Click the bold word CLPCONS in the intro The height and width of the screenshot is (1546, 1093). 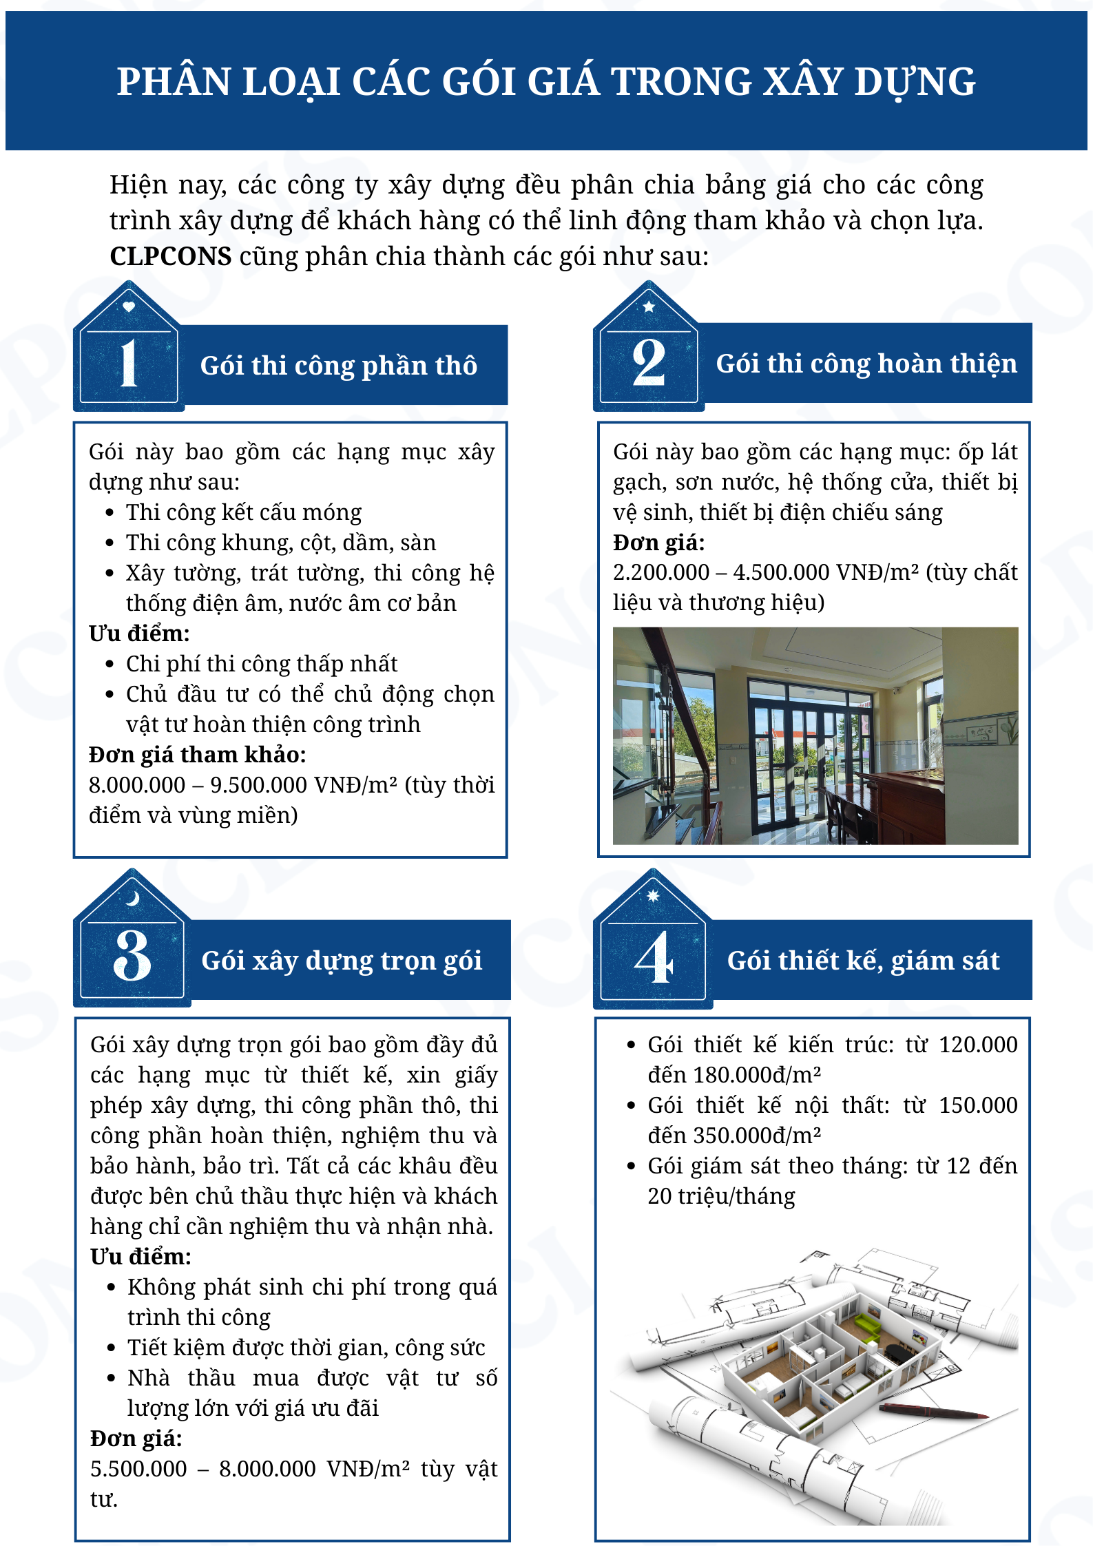click(170, 257)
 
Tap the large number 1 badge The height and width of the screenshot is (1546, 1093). click(129, 363)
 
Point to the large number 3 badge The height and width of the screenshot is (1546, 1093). click(132, 956)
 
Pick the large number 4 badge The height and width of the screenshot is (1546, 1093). click(653, 957)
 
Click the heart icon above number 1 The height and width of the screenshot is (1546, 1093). click(129, 307)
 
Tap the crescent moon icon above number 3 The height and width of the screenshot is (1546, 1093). click(132, 898)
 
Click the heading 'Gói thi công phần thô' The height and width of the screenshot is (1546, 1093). click(338, 366)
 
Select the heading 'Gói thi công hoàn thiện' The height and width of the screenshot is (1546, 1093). click(866, 364)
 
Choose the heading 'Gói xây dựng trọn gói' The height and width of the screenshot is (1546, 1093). click(341, 961)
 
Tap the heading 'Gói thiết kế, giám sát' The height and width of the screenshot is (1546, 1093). click(863, 961)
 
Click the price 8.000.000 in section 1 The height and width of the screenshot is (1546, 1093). click(137, 785)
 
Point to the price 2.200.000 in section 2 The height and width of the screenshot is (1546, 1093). click(660, 572)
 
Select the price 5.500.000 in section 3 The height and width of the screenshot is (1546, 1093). click(138, 1469)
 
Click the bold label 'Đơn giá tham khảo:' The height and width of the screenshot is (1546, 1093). click(197, 755)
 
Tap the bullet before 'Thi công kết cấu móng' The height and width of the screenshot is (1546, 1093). click(110, 513)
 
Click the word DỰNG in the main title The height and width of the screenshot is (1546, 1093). click(915, 82)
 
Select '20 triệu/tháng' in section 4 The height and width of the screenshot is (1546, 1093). click(721, 1196)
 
